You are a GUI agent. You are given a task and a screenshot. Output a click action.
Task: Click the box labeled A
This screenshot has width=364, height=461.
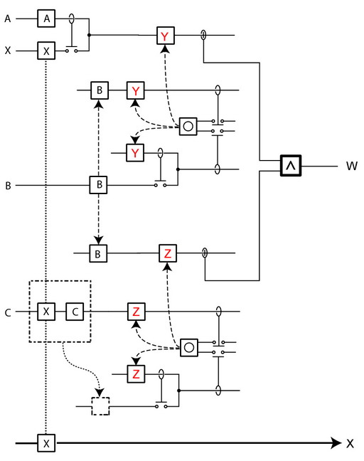coord(46,18)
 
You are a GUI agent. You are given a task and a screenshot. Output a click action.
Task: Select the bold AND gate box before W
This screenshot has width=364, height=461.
coord(291,166)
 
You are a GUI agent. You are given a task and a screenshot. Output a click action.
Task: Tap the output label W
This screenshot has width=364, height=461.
coord(352,166)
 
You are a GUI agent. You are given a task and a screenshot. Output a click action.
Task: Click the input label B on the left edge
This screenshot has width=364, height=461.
coord(9,186)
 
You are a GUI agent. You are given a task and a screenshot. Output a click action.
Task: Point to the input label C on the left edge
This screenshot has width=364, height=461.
coord(8,312)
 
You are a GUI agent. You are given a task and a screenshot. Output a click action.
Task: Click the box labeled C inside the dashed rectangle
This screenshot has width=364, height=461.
coord(75,312)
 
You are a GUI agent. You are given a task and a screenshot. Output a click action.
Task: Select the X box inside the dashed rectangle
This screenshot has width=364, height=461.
coord(46,312)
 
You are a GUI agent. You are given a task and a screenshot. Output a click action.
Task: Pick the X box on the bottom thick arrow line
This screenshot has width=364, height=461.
coord(46,443)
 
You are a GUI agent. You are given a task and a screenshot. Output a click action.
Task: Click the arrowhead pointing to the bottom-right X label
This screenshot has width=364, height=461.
coord(336,443)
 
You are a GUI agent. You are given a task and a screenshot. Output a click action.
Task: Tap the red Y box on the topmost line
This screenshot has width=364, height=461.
coord(166,36)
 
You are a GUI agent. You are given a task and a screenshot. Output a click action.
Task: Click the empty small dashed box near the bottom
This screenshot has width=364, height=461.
coord(100,406)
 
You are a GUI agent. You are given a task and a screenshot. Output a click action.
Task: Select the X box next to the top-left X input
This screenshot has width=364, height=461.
coord(46,51)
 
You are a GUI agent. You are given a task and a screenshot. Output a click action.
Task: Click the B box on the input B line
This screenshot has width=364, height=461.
coord(98,185)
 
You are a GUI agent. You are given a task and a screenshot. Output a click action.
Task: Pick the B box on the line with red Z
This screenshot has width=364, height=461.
coord(98,253)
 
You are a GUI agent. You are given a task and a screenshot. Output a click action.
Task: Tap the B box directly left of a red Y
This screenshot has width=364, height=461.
coord(100,90)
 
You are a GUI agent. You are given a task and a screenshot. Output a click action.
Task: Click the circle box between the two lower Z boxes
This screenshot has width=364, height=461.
coord(188,348)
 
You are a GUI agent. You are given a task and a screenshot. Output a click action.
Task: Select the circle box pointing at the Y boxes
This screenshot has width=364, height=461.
coord(188,127)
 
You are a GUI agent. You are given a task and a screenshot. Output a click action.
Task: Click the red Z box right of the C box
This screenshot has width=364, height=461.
coord(136,312)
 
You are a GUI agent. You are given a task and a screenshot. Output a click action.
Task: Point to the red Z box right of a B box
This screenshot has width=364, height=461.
coord(168,253)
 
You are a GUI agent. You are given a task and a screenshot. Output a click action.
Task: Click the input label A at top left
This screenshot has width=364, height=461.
coord(8,18)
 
